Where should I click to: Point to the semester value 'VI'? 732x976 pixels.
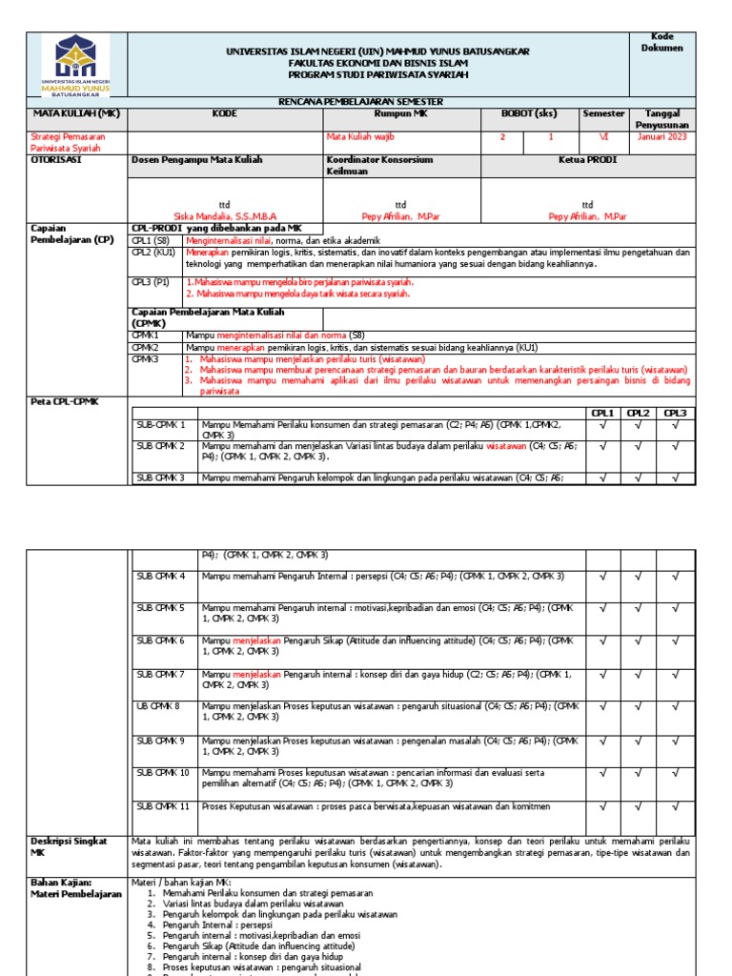pyautogui.click(x=604, y=136)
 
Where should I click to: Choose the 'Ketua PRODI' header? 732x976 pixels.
pyautogui.click(x=586, y=160)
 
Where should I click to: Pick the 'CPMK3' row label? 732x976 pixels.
pyautogui.click(x=145, y=359)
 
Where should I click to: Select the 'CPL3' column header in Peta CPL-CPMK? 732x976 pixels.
pyautogui.click(x=675, y=413)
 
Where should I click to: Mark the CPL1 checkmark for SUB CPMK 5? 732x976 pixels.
pyautogui.click(x=601, y=608)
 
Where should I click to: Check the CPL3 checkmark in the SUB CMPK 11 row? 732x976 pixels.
pyautogui.click(x=675, y=807)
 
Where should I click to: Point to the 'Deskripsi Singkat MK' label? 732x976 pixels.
pyautogui.click(x=68, y=847)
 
